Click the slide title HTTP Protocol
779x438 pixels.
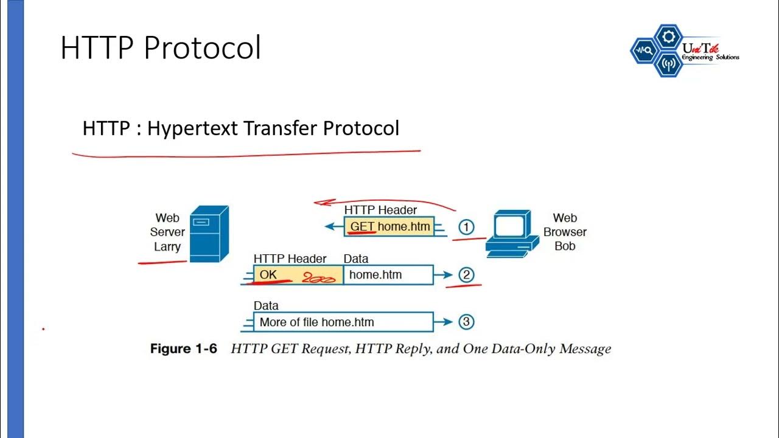tap(161, 48)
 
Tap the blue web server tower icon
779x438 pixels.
tap(209, 234)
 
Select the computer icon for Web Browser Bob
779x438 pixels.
tap(511, 232)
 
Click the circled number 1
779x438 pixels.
tap(466, 228)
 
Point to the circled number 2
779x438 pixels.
tap(466, 275)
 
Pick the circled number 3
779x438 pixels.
tap(466, 322)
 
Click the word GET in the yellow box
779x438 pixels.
tap(362, 227)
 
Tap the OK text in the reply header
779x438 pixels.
tap(268, 275)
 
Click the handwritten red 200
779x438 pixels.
tap(319, 279)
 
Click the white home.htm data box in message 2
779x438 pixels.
tap(388, 275)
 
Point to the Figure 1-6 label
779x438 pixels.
tap(183, 349)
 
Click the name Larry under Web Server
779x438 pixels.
tap(167, 247)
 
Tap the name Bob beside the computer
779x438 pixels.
tap(565, 246)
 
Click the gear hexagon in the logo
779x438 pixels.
tap(668, 37)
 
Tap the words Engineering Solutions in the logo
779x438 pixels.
tap(710, 58)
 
